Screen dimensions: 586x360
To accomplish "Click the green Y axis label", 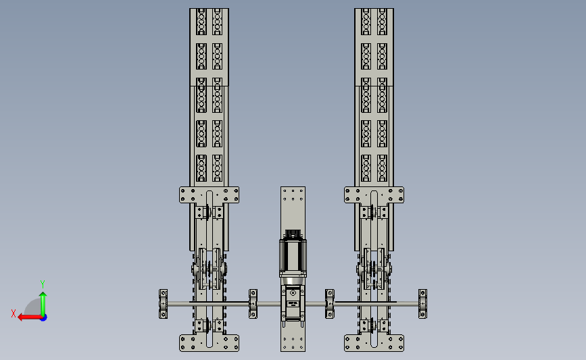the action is pos(43,284).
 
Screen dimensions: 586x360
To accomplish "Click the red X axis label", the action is pos(14,313).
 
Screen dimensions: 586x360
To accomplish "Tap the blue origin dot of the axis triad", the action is pos(43,317).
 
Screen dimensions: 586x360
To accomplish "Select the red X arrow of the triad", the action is pos(30,317).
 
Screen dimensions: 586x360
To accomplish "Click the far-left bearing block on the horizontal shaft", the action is pos(164,304).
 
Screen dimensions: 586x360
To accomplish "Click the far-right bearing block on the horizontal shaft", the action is pos(422,304).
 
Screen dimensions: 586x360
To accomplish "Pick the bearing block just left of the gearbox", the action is pos(253,304).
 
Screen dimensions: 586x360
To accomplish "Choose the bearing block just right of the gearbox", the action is pos(330,304).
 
